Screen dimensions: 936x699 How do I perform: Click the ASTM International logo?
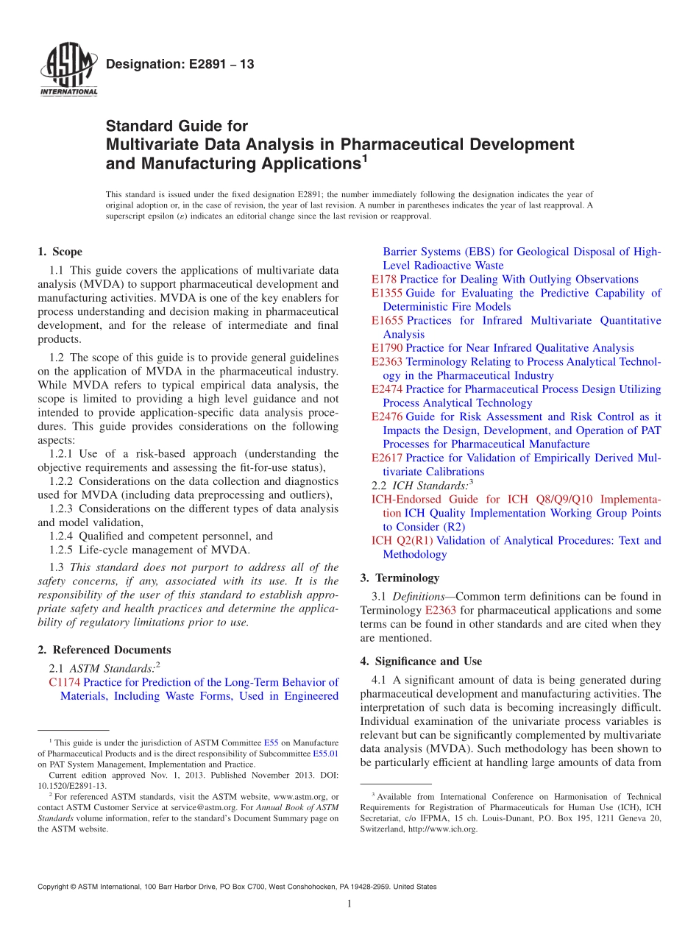click(x=68, y=71)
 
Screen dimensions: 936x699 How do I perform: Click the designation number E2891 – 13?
click(x=180, y=64)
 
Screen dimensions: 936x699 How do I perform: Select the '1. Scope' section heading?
click(x=60, y=252)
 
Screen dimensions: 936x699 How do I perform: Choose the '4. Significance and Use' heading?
click(x=421, y=661)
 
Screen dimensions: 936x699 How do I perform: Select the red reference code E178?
click(x=384, y=279)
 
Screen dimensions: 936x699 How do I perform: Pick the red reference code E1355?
click(x=387, y=293)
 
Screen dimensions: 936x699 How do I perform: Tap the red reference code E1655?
click(x=387, y=320)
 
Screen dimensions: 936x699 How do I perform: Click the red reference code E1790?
click(x=387, y=347)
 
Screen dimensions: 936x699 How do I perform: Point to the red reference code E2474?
click(x=387, y=389)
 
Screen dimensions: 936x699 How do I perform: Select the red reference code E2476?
click(x=387, y=416)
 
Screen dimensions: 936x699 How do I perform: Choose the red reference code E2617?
click(x=387, y=458)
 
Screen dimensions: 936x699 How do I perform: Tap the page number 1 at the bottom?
click(x=349, y=904)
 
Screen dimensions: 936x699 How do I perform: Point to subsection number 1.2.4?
click(x=62, y=536)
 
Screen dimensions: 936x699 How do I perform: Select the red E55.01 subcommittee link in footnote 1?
click(x=325, y=754)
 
